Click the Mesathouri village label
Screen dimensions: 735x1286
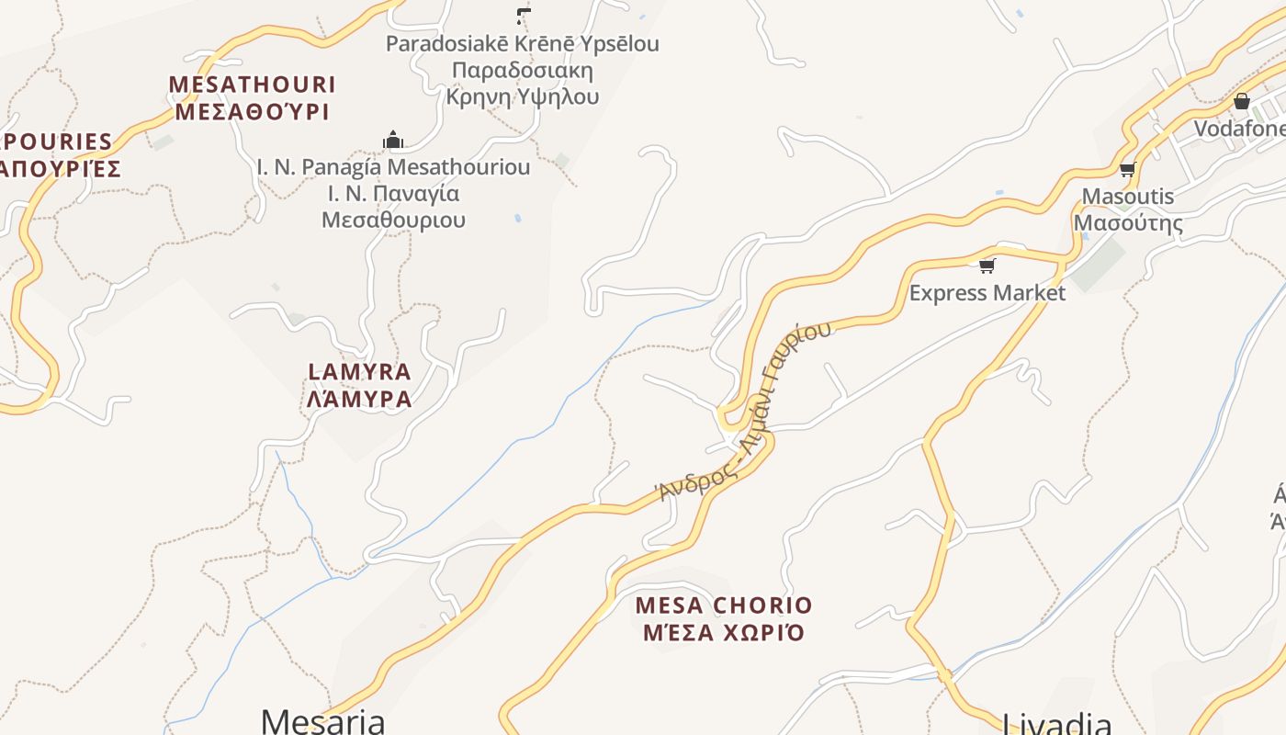[252, 85]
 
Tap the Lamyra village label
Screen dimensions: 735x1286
[359, 372]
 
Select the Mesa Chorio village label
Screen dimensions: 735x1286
[724, 605]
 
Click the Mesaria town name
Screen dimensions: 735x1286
[322, 720]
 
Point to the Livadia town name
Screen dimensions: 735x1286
[1056, 723]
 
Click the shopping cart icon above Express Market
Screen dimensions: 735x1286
[987, 266]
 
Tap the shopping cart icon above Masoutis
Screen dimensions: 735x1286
[1127, 169]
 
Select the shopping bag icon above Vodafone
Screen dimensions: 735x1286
[1242, 101]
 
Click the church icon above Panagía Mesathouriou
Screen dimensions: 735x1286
[393, 140]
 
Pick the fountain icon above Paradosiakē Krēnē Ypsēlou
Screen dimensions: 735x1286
[523, 16]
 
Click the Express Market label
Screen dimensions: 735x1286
[987, 293]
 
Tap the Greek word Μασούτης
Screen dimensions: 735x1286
[1128, 222]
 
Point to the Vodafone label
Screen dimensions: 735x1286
[1240, 129]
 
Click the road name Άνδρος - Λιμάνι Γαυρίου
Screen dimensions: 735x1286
[746, 413]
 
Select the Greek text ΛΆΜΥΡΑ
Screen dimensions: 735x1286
[359, 399]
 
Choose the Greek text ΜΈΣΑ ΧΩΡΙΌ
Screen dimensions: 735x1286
[724, 632]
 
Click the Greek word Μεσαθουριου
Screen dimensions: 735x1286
[393, 220]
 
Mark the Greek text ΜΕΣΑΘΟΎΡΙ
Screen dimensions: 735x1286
[252, 112]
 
